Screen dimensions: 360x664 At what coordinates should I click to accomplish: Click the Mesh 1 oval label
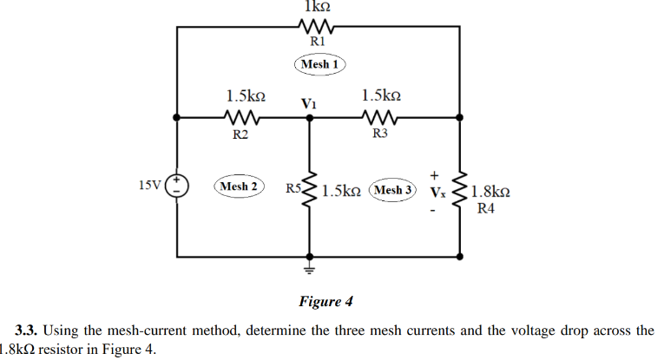click(x=320, y=64)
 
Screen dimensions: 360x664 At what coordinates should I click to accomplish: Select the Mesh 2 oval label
click(x=239, y=187)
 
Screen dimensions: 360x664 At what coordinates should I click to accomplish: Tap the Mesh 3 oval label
click(x=392, y=189)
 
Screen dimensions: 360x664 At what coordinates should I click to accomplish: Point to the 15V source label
click(x=149, y=185)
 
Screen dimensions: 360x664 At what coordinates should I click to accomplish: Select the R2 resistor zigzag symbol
click(x=240, y=117)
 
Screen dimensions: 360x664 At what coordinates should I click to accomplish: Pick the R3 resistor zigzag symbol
click(x=378, y=117)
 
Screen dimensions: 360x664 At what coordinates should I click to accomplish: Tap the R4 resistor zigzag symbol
click(x=459, y=190)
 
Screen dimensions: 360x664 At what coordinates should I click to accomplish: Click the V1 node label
click(x=308, y=103)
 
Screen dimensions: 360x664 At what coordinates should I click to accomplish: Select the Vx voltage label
click(x=437, y=190)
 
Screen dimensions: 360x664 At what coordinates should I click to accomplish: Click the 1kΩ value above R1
click(x=315, y=6)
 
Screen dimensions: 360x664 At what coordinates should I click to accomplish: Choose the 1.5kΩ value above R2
click(x=245, y=95)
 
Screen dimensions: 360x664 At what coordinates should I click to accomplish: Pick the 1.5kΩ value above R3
click(x=382, y=95)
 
